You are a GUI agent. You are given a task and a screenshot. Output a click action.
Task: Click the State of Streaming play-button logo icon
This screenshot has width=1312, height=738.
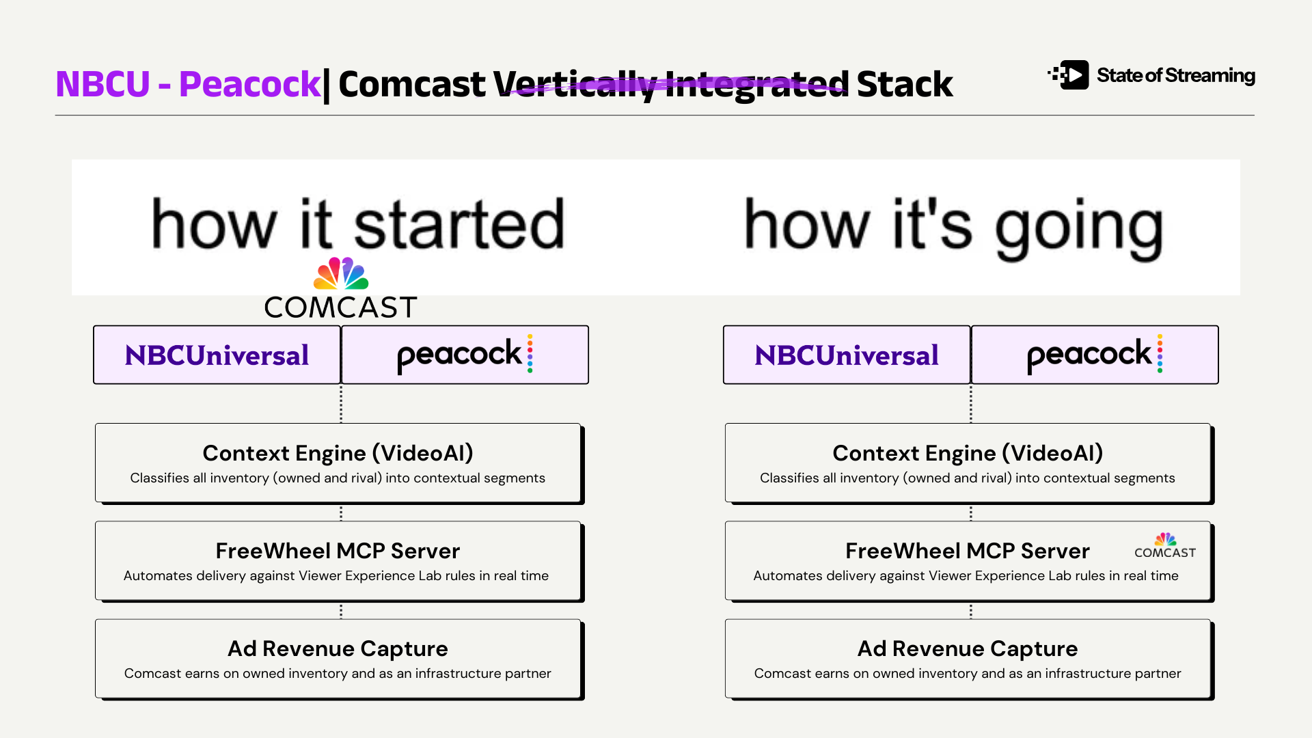click(1069, 75)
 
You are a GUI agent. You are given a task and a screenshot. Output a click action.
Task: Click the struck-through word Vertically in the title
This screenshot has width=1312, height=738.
click(575, 85)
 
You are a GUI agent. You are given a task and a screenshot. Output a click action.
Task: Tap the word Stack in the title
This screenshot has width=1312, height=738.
click(904, 84)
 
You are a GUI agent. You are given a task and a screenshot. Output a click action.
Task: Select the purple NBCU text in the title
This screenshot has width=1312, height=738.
click(102, 84)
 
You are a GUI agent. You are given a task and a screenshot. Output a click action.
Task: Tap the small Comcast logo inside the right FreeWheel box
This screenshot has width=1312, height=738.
click(1165, 545)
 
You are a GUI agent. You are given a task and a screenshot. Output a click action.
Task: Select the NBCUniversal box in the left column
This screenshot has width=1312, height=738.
click(217, 355)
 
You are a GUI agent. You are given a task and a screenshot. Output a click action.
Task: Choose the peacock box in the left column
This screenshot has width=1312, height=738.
click(465, 355)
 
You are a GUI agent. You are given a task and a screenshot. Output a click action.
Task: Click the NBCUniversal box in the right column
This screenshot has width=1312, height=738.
click(847, 355)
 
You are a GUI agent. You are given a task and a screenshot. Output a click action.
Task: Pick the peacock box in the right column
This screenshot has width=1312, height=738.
click(1095, 355)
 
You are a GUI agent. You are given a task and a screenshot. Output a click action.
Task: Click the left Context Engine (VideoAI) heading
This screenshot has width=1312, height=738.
click(338, 453)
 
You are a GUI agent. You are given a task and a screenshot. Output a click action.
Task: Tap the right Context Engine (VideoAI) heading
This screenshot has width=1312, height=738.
click(968, 453)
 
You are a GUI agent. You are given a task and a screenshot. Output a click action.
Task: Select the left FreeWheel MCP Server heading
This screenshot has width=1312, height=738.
click(338, 551)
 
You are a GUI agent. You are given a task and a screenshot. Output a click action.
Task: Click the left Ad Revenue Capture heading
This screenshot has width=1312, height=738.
click(338, 648)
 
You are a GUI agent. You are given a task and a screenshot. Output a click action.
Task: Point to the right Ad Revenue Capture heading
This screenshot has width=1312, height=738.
click(968, 648)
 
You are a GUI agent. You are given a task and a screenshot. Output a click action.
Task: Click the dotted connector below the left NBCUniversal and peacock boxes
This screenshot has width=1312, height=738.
click(341, 404)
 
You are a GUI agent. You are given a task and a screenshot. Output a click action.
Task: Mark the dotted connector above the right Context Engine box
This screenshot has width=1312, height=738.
click(971, 404)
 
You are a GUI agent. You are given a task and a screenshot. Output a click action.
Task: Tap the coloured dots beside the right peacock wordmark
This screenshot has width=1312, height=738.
click(1160, 353)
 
